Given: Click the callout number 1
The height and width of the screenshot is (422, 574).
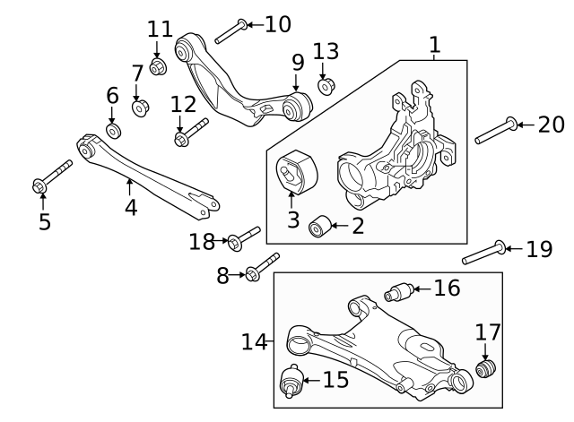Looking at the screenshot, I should click(435, 44).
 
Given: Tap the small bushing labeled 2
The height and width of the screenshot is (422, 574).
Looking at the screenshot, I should click(317, 227).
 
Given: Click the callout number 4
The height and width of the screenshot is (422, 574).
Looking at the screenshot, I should click(131, 208).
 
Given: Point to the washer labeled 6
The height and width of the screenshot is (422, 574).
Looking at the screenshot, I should click(113, 131).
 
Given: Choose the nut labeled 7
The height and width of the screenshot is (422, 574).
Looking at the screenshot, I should click(140, 108).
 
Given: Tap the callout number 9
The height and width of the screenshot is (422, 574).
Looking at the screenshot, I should click(298, 64).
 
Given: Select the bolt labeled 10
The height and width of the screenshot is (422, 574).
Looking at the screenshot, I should click(228, 29).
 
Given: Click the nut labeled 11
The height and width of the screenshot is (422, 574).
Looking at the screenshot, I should click(159, 67).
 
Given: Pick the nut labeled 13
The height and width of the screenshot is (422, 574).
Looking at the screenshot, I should click(326, 86).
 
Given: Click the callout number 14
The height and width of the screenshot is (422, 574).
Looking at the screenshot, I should click(254, 341).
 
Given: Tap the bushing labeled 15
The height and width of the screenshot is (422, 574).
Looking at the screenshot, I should click(291, 383).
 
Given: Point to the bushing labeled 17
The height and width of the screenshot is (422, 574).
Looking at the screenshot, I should click(486, 369).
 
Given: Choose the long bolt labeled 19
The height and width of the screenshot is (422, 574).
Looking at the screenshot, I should click(485, 253).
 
